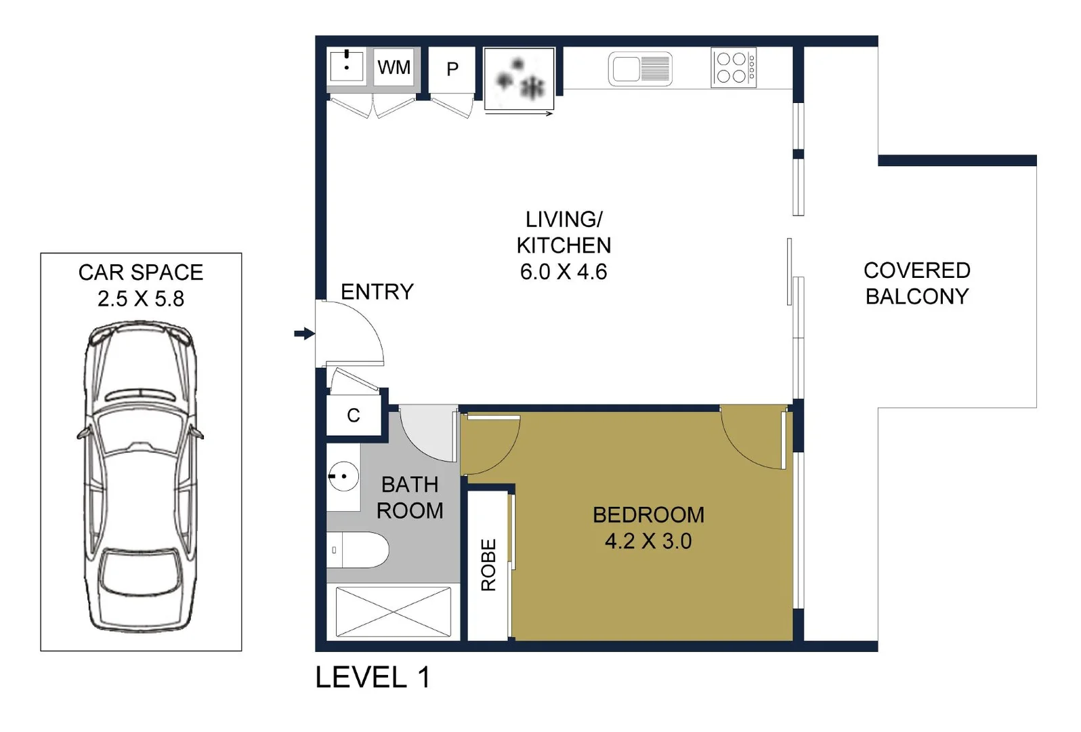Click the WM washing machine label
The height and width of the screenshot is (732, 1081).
394,68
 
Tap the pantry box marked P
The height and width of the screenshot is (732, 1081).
452,69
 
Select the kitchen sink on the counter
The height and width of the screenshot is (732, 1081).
640,69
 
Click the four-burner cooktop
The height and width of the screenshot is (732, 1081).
733,68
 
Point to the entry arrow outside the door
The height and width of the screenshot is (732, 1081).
304,333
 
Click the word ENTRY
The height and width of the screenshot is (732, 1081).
377,292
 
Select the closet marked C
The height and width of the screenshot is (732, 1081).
353,415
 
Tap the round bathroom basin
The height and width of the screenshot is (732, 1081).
343,476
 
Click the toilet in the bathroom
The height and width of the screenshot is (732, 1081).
359,550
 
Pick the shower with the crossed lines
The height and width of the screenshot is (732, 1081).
393,612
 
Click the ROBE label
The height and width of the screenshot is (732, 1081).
488,565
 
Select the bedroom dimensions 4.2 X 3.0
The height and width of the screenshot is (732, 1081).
648,542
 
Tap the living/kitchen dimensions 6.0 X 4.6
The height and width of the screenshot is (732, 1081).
563,272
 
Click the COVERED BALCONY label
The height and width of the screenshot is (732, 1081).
916,283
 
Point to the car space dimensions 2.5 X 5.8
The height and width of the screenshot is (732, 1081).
141,299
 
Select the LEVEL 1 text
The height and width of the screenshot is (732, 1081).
373,678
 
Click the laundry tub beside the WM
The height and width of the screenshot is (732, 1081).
346,66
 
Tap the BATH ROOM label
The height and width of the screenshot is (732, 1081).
410,497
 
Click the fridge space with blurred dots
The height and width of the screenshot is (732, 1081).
520,79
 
